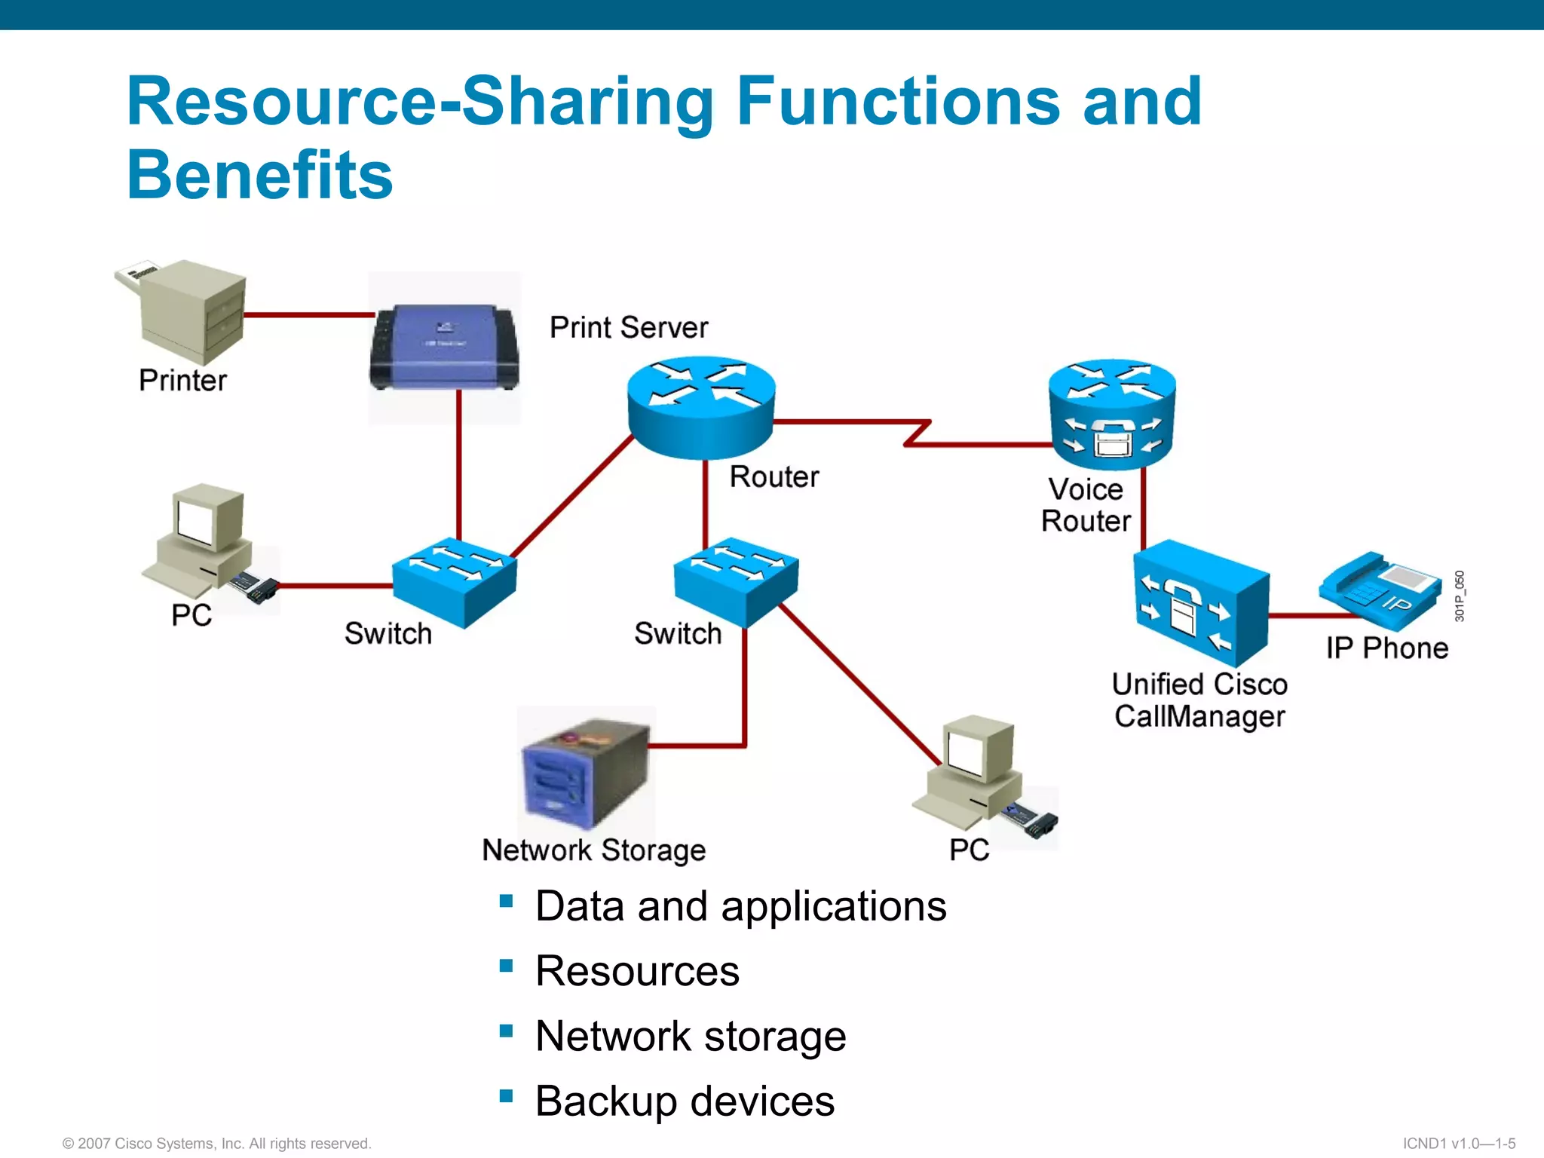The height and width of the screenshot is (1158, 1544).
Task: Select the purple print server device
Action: click(445, 347)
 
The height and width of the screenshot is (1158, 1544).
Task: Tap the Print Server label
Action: click(629, 328)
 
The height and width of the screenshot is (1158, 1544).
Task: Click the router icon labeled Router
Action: click(701, 407)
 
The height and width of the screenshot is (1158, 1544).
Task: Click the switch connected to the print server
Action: click(455, 581)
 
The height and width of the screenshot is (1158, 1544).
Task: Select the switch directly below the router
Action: click(736, 581)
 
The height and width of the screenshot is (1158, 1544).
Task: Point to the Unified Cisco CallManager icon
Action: click(1199, 603)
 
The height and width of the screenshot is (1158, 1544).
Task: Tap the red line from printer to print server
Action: click(309, 314)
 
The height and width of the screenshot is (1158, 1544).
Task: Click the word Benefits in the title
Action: click(260, 175)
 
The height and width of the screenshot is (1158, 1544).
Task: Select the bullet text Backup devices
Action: click(685, 1101)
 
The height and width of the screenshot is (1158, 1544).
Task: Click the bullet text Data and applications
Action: click(740, 905)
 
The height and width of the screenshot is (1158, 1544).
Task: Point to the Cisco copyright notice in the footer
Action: click(217, 1144)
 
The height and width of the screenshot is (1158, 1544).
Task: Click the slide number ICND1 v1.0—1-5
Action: click(1459, 1144)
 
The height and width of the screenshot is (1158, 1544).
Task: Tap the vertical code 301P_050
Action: click(1460, 596)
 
